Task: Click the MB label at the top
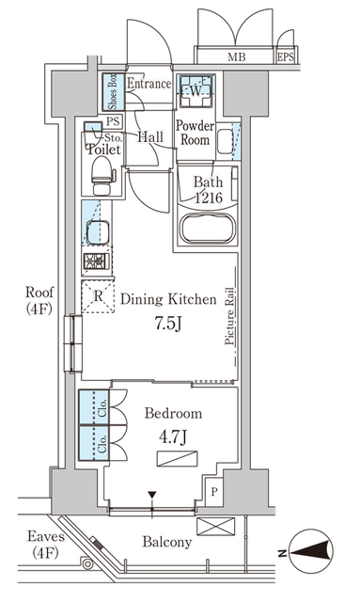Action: pyautogui.click(x=237, y=57)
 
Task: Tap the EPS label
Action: pyautogui.click(x=286, y=57)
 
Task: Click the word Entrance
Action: pyautogui.click(x=149, y=84)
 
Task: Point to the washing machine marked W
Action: pyautogui.click(x=196, y=90)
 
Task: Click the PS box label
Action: pyautogui.click(x=113, y=121)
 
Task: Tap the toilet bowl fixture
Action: pyautogui.click(x=102, y=176)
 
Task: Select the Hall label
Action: pyautogui.click(x=150, y=136)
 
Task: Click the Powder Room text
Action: pyautogui.click(x=195, y=133)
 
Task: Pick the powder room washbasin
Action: pyautogui.click(x=225, y=141)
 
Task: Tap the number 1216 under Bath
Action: pyautogui.click(x=209, y=198)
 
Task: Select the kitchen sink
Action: pyautogui.click(x=98, y=232)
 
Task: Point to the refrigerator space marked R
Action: pyautogui.click(x=99, y=296)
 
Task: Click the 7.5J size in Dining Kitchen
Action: pyautogui.click(x=167, y=325)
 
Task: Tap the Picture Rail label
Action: pyautogui.click(x=229, y=316)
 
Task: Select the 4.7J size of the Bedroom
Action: pyautogui.click(x=173, y=437)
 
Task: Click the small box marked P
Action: pyautogui.click(x=214, y=491)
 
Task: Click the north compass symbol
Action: pyautogui.click(x=310, y=552)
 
